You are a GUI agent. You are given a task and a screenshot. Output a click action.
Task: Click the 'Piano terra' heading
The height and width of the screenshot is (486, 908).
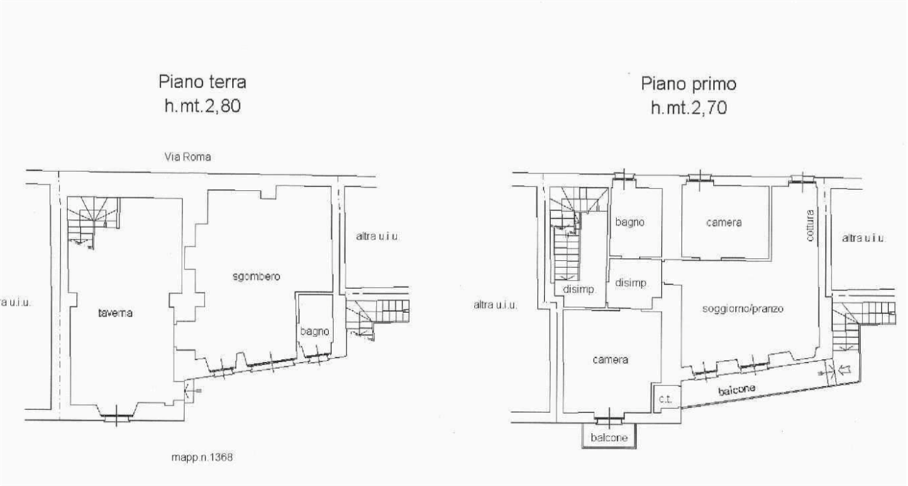point(202,81)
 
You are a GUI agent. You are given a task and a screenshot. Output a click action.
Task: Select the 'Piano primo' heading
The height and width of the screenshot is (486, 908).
point(688,84)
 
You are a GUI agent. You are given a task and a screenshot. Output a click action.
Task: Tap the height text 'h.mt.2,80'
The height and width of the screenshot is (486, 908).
point(203,106)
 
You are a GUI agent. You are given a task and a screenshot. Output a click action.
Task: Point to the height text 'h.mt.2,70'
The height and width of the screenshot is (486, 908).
point(689,108)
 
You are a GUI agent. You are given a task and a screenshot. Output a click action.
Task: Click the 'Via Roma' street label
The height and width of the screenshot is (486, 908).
point(188,157)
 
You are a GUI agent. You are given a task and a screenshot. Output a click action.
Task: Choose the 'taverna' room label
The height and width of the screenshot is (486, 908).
point(115,312)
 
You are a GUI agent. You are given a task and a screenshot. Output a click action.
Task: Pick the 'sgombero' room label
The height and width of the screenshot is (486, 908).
point(256,276)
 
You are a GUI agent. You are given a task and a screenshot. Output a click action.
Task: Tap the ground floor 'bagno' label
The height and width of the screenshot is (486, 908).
point(314,332)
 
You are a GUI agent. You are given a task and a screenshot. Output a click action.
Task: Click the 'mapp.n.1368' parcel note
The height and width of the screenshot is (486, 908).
point(202,457)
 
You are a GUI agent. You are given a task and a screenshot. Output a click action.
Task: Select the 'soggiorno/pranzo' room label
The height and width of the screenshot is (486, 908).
point(743,309)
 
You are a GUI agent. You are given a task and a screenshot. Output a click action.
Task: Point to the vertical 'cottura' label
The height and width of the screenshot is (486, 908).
point(810,225)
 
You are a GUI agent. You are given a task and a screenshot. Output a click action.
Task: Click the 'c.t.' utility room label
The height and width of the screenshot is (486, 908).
point(665,400)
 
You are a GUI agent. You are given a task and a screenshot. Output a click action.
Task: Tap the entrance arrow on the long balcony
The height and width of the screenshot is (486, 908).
point(844,370)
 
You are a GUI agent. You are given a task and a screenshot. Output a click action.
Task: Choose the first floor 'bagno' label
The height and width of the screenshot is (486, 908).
point(629,222)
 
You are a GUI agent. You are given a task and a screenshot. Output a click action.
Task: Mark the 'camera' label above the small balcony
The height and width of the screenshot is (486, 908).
point(610,360)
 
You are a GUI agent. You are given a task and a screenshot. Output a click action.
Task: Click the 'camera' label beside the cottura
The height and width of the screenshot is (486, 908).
point(724,222)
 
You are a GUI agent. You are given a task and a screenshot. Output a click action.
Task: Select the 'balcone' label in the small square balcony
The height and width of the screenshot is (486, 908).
point(609,438)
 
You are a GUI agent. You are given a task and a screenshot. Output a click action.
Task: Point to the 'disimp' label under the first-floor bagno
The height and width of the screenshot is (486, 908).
point(631,283)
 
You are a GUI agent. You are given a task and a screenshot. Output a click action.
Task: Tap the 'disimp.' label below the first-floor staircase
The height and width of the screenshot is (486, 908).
point(579,289)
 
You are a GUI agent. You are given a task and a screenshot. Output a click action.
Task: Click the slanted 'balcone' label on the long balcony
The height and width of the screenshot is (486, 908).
point(736,390)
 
